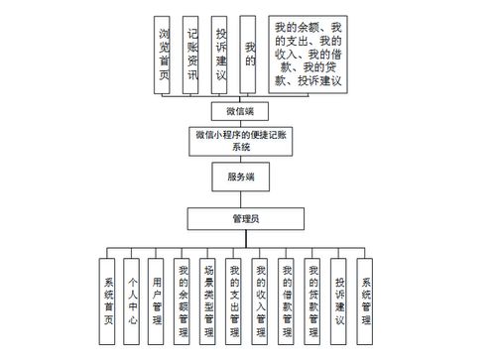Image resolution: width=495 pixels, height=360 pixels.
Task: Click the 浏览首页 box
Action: (x=164, y=56)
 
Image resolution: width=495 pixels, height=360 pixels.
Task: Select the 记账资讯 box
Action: (x=192, y=56)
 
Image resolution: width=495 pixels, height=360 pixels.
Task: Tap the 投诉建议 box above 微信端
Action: (x=221, y=56)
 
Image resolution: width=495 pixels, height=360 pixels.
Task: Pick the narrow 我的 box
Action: (x=250, y=56)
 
